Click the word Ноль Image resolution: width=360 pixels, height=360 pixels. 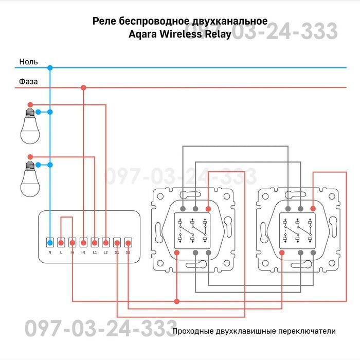point(28,62)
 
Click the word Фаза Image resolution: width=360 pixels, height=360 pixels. point(28,81)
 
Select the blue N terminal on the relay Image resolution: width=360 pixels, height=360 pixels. point(50,242)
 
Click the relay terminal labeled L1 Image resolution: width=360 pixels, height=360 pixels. point(95,242)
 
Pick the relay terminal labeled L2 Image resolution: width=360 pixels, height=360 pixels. point(106,242)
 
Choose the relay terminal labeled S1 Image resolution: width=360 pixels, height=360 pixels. point(117,242)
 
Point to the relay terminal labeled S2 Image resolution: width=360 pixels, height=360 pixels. point(128,242)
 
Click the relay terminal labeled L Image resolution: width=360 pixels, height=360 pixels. point(61,242)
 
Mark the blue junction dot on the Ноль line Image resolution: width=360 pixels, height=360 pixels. point(50,67)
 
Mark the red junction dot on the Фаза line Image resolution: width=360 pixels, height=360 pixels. point(84,88)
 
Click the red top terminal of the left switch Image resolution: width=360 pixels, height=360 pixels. point(208,209)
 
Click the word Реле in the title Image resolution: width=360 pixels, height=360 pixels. point(104,22)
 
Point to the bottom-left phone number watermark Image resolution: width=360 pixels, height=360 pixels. point(100,328)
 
